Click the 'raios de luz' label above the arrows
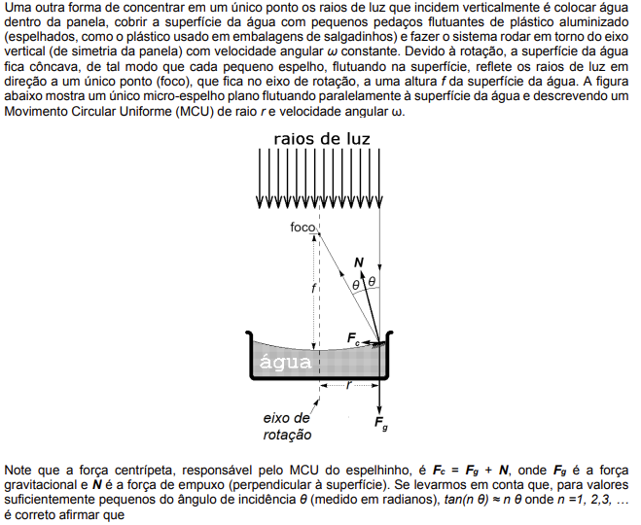(x=322, y=139)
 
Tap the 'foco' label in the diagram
(x=303, y=227)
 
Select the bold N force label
(x=359, y=262)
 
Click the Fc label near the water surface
(x=353, y=338)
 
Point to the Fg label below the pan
(x=381, y=423)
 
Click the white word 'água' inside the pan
(x=285, y=362)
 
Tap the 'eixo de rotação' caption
(x=287, y=426)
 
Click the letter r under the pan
(x=348, y=384)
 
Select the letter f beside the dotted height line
(x=313, y=289)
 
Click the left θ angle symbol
(x=356, y=285)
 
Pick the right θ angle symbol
(x=372, y=282)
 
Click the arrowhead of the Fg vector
(x=379, y=409)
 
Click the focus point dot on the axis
(x=319, y=233)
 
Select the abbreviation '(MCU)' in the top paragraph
(x=195, y=111)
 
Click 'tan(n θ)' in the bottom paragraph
(x=466, y=500)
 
